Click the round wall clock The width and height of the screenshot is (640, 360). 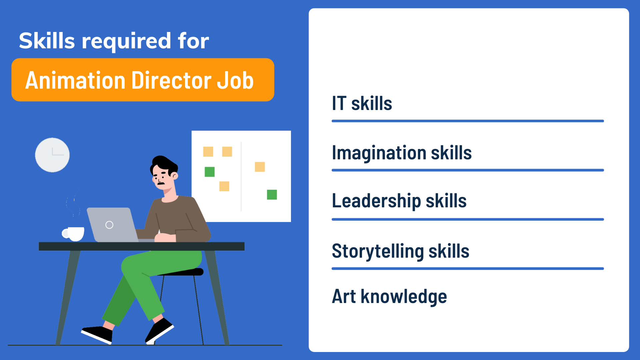tap(52, 155)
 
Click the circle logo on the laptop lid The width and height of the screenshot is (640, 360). tap(109, 225)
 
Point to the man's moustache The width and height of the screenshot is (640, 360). tap(161, 183)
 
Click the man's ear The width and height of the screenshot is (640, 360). tap(174, 175)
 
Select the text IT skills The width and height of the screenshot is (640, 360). tap(362, 103)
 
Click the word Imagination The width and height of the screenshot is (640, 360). tap(379, 153)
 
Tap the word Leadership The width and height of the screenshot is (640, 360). tap(376, 201)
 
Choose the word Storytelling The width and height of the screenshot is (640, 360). tap(378, 251)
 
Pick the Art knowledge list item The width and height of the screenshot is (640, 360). tap(389, 296)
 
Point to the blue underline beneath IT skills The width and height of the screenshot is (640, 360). tap(468, 121)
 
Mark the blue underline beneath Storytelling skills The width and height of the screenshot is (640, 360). tap(468, 269)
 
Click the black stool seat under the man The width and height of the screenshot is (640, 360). tap(187, 272)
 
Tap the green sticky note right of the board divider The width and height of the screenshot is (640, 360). tap(272, 195)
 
